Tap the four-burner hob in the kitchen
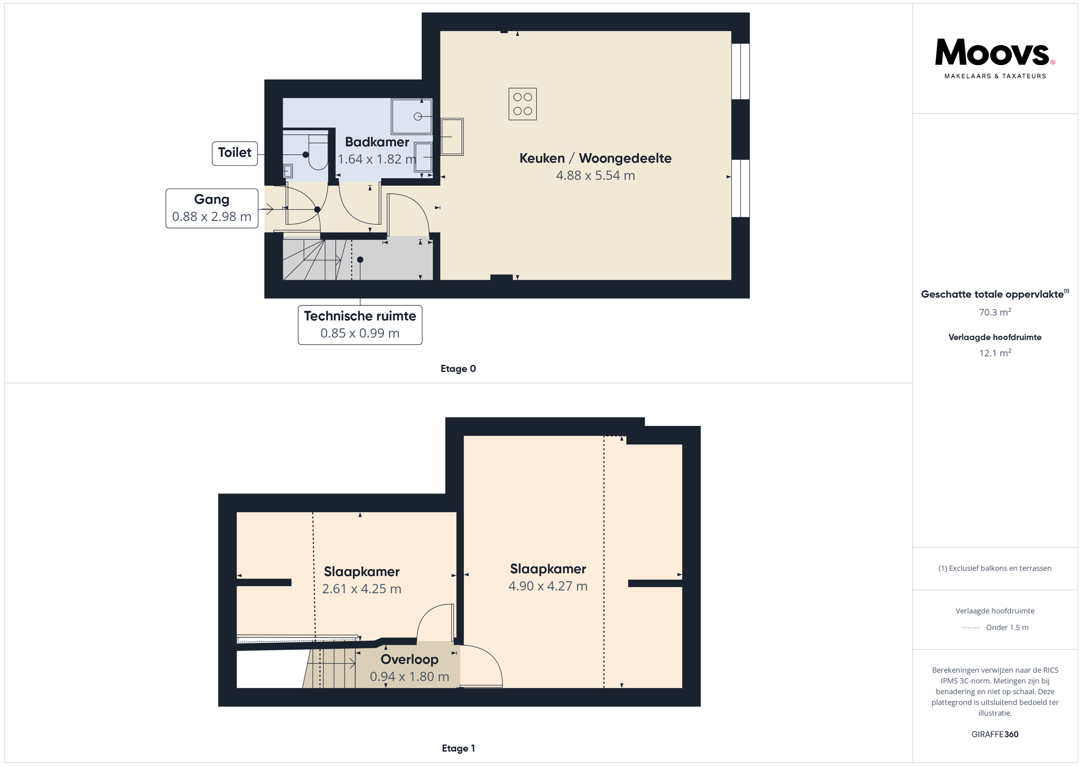tap(523, 104)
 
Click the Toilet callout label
tap(235, 153)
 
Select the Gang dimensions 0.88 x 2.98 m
tap(212, 217)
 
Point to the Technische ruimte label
tap(360, 316)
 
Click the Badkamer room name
tap(377, 142)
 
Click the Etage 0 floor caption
tap(458, 369)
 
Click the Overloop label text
tap(410, 660)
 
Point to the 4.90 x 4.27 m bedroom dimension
tap(548, 586)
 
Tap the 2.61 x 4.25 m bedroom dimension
tap(361, 589)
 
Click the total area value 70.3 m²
tap(995, 312)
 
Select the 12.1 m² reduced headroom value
tap(995, 353)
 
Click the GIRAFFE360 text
tap(995, 734)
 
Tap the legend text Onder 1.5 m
tap(1007, 627)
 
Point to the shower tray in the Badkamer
tap(411, 117)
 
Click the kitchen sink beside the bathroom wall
tap(452, 137)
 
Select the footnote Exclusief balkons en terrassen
tap(995, 568)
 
